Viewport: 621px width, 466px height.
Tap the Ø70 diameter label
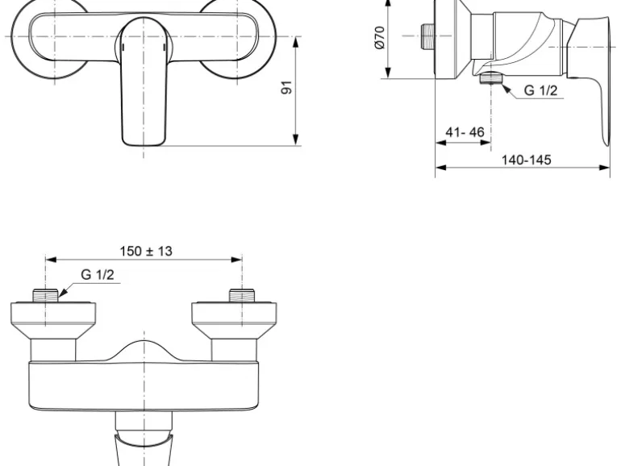coord(380,37)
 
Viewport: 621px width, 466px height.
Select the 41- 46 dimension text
coord(465,131)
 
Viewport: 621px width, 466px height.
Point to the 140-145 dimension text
coord(527,160)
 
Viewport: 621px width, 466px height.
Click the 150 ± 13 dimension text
coord(146,251)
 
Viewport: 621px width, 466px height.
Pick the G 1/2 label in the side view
coord(540,90)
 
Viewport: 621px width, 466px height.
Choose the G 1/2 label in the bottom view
coord(98,276)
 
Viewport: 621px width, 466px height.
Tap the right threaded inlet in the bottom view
coord(241,296)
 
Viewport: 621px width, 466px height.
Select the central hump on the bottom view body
coord(144,351)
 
